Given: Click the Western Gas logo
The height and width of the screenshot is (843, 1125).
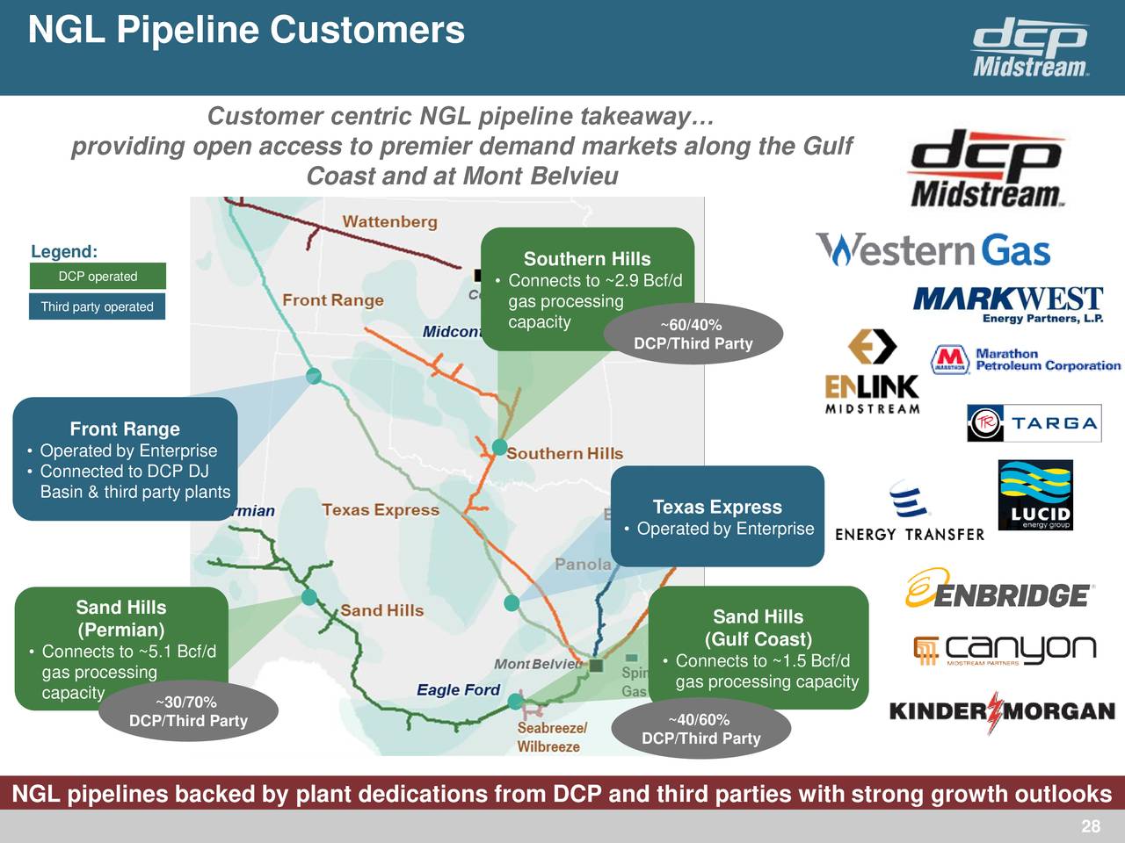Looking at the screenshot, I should (x=933, y=250).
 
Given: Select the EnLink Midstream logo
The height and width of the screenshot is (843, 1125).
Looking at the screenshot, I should (x=872, y=371).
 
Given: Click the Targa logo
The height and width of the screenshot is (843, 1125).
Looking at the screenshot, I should (x=1034, y=423).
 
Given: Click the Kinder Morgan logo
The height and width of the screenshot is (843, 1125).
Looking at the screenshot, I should (x=1002, y=710).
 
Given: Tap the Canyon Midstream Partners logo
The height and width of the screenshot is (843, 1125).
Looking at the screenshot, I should (x=1005, y=650).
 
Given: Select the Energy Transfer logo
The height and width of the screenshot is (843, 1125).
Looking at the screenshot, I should (x=910, y=512).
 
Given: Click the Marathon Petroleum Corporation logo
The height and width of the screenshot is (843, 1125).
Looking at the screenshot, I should (x=1025, y=360).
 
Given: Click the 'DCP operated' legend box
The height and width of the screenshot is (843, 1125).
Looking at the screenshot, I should (x=98, y=277).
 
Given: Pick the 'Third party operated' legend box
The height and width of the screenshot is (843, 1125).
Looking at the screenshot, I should (x=97, y=306).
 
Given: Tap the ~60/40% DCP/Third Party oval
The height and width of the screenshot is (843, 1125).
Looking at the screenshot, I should (x=693, y=335).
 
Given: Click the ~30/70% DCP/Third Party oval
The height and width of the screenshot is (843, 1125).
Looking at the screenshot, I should (x=188, y=711).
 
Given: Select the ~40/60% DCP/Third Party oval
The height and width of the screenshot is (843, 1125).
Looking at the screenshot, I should (x=700, y=729).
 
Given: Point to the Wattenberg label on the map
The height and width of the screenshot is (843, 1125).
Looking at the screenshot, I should (x=389, y=221).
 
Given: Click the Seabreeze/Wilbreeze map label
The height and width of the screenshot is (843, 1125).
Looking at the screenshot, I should (x=549, y=738).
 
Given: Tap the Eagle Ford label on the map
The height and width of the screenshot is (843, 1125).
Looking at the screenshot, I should (x=458, y=690).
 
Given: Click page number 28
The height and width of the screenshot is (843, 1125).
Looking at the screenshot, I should (x=1090, y=826).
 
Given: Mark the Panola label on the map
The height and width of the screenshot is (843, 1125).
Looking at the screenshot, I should (x=583, y=564).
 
